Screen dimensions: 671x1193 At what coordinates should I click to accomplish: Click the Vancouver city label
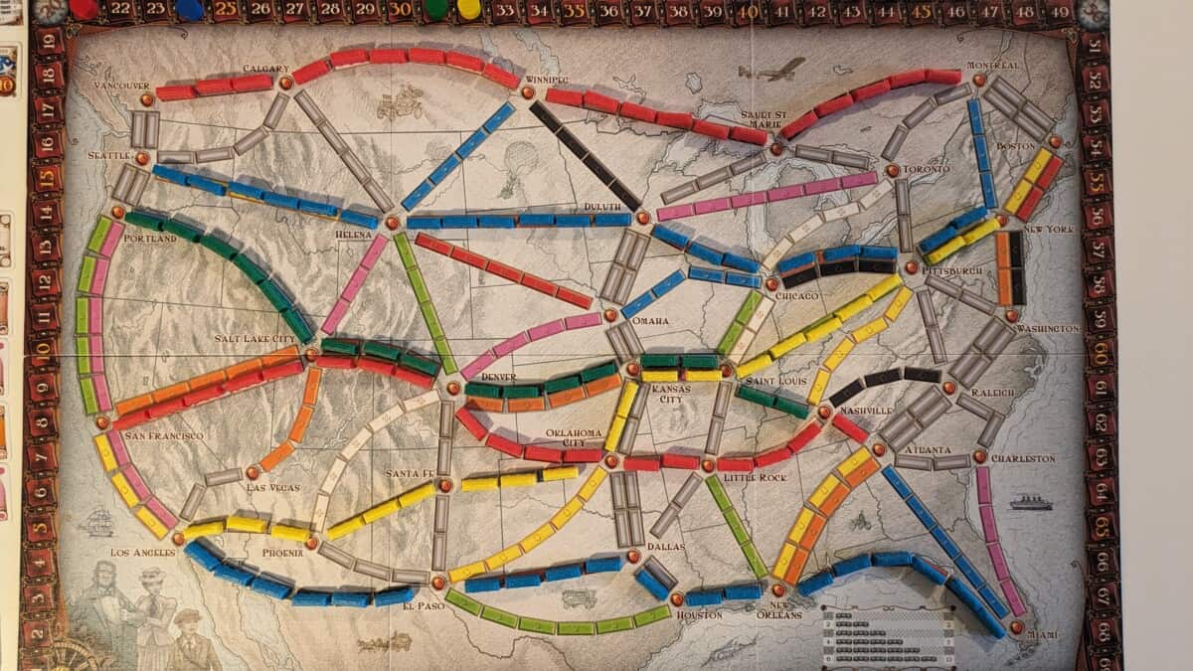tap(121, 85)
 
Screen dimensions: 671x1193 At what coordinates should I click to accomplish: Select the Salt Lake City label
tap(256, 339)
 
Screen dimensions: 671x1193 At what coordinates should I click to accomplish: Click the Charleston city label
tap(1022, 458)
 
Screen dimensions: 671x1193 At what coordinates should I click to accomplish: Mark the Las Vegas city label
tap(271, 487)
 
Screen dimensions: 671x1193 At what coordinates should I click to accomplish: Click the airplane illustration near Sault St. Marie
tap(772, 70)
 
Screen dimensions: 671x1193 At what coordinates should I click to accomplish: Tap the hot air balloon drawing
tap(519, 164)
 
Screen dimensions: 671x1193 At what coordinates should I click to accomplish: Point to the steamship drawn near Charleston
tap(1030, 502)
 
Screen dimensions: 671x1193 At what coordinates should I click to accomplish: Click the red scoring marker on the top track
tap(84, 9)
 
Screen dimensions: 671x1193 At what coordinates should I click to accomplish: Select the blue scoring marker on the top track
tap(188, 9)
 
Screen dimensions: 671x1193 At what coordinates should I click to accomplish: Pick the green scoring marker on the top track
tap(435, 9)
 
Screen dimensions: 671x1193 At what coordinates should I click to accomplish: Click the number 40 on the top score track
tap(748, 10)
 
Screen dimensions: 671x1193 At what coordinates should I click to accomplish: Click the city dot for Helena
tap(392, 223)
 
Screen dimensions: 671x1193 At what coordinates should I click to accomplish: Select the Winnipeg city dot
tap(527, 91)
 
